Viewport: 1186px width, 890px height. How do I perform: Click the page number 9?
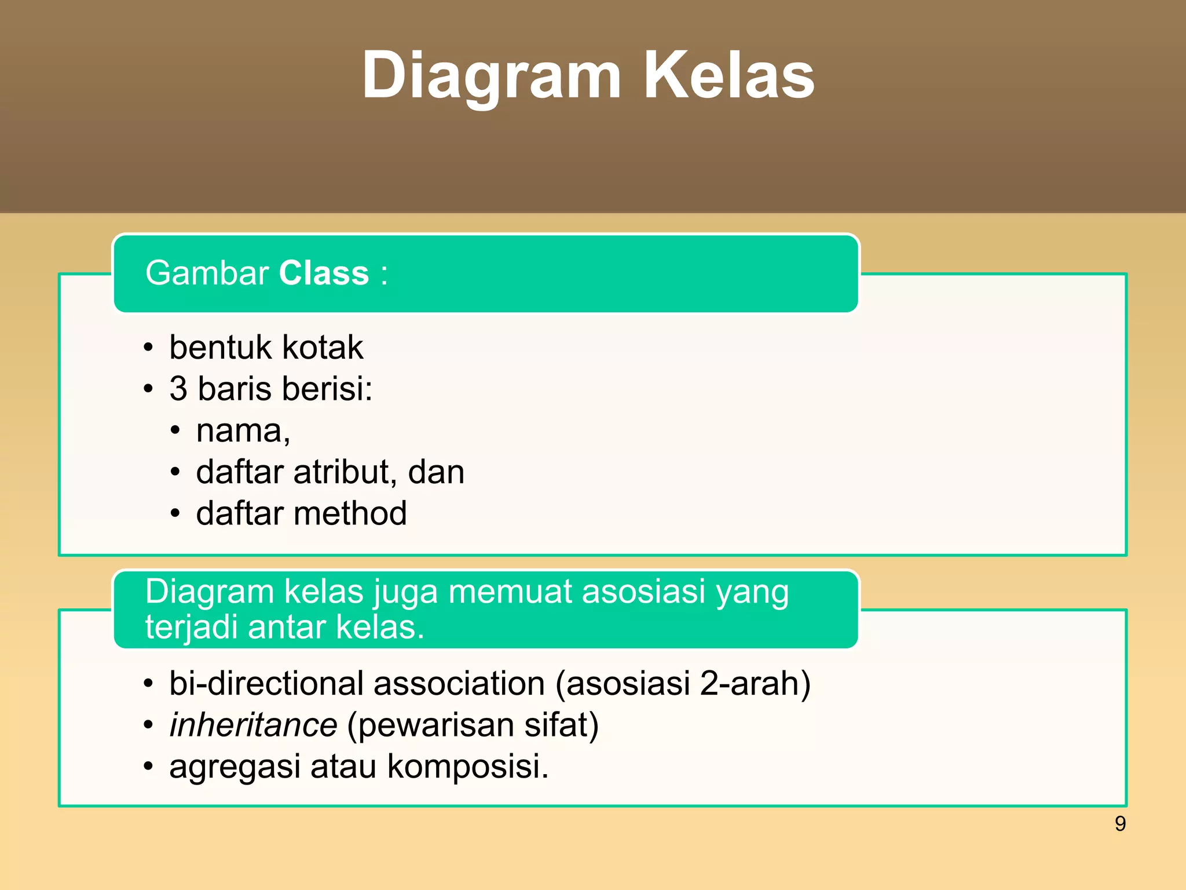click(1120, 823)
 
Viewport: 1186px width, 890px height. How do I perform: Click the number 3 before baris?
click(178, 389)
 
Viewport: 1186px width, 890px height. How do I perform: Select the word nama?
click(243, 431)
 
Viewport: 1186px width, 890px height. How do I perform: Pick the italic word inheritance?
click(253, 725)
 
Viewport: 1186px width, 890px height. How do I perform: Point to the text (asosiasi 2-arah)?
click(683, 683)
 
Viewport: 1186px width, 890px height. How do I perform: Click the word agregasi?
click(235, 766)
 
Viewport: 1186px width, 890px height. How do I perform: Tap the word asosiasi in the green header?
click(643, 592)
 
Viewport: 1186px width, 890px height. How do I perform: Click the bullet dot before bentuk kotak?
click(149, 348)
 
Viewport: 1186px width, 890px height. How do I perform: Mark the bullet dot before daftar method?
click(175, 514)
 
